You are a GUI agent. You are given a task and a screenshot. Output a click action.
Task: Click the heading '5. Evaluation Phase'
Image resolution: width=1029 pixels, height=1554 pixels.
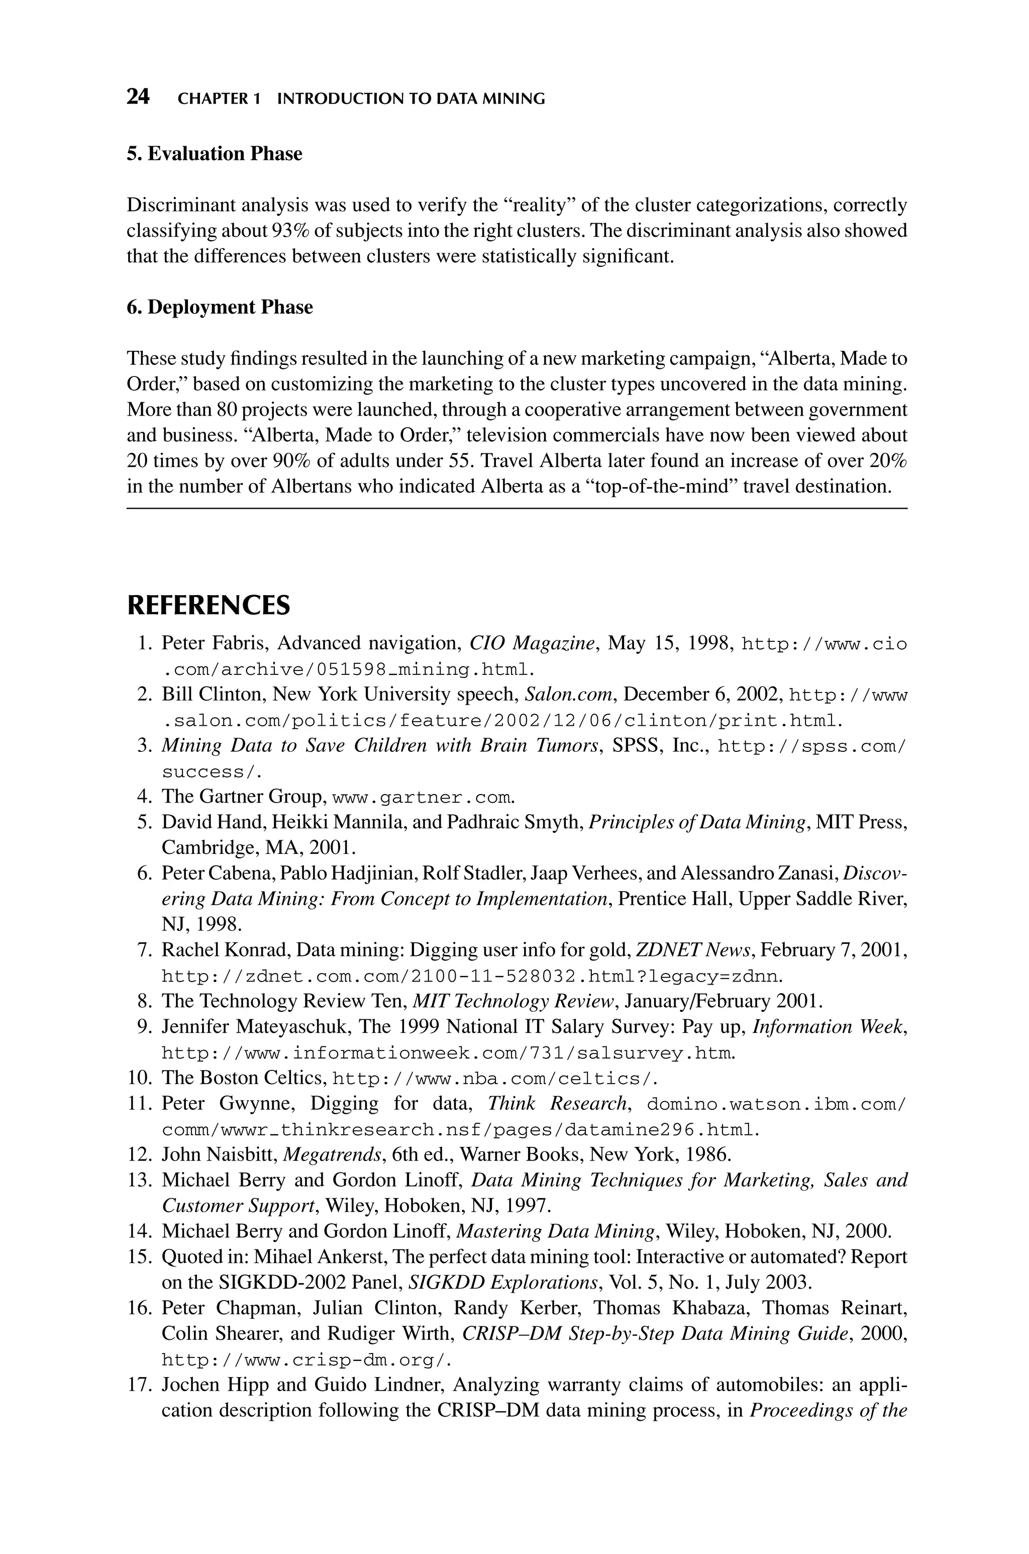214,154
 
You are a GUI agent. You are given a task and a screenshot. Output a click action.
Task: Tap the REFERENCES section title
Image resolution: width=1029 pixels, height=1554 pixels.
208,605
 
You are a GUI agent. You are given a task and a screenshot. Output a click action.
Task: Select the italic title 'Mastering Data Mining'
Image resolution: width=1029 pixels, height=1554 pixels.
555,1231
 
